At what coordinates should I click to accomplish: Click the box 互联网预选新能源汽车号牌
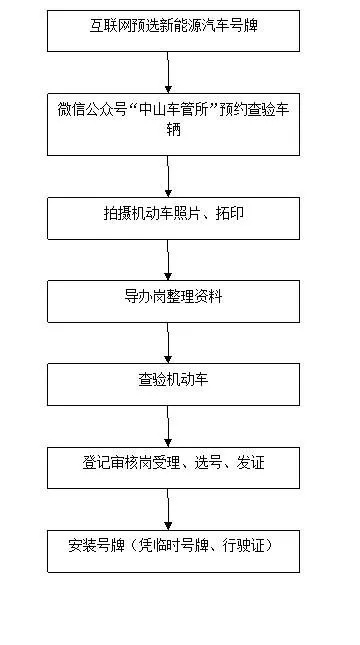click(x=173, y=30)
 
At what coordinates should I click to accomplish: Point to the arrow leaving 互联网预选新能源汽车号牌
click(x=169, y=72)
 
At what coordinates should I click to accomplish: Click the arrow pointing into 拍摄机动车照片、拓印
click(x=169, y=176)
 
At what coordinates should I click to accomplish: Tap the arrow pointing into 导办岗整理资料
click(x=169, y=260)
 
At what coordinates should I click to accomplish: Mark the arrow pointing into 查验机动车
click(x=169, y=343)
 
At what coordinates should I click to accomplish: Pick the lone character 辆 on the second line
click(x=174, y=131)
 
